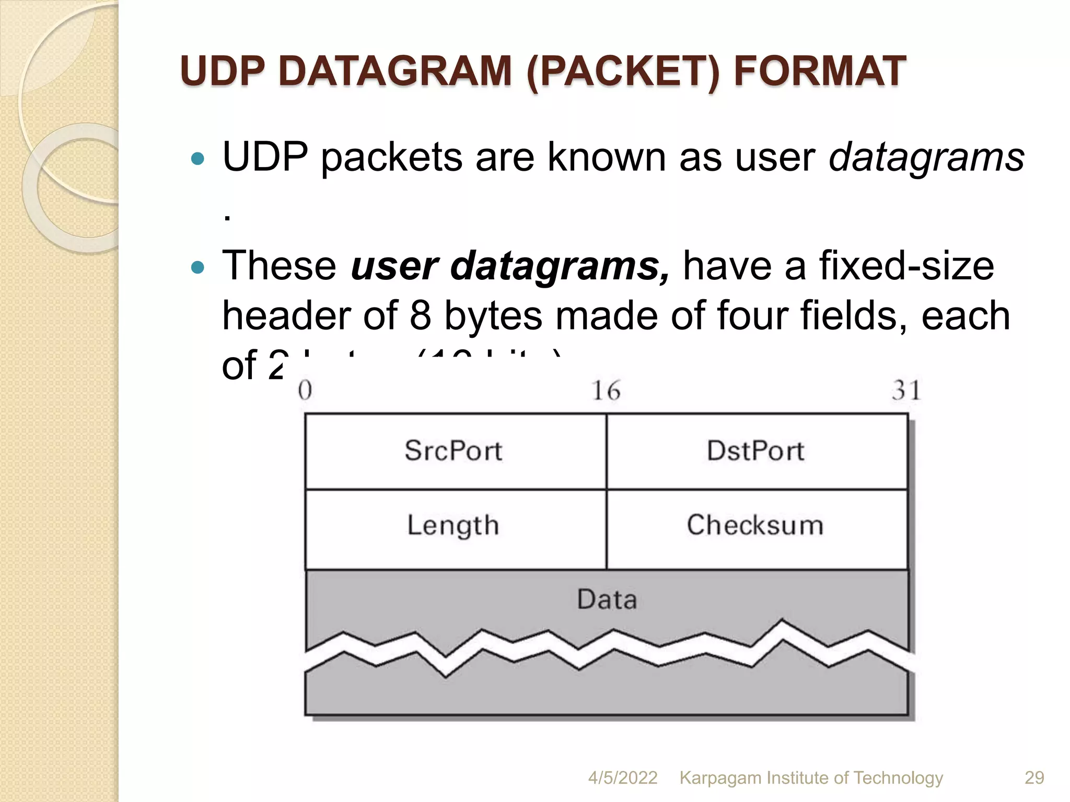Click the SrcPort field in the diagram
click(x=453, y=451)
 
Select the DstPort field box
click(x=755, y=451)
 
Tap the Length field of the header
click(x=453, y=526)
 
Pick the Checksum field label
click(x=755, y=525)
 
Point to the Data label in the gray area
click(x=607, y=600)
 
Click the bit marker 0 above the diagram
click(x=305, y=391)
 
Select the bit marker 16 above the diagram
click(x=606, y=391)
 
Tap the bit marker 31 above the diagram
click(x=906, y=391)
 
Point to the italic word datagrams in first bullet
click(x=926, y=157)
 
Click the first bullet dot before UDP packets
click(x=197, y=159)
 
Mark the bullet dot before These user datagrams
click(x=197, y=268)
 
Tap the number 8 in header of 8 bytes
click(x=420, y=316)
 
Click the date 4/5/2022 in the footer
click(x=623, y=777)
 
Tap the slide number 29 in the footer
click(x=1034, y=777)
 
